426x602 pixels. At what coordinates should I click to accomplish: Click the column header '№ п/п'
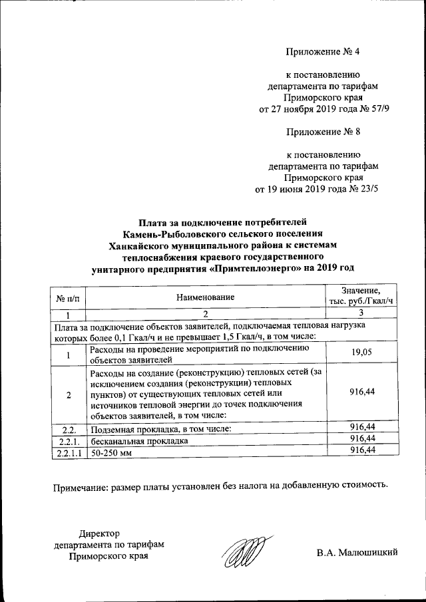(69, 297)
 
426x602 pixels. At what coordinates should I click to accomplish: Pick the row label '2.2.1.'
(69, 440)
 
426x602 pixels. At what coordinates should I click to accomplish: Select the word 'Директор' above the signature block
(99, 533)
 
